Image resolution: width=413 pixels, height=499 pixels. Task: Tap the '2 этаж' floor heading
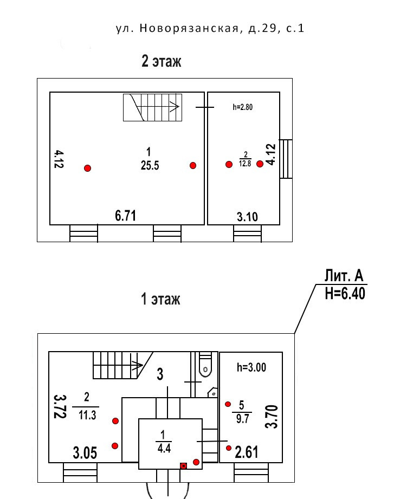point(162,61)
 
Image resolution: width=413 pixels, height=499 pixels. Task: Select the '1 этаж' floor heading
point(160,299)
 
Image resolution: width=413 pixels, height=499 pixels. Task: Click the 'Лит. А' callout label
point(344,276)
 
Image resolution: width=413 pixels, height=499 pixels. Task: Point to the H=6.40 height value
point(345,293)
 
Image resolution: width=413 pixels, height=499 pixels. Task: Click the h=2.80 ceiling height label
point(243,107)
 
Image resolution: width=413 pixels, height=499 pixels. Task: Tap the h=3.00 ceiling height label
point(251,367)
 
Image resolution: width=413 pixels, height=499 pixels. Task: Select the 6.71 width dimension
point(125,216)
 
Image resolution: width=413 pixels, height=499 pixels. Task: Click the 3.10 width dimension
point(247,217)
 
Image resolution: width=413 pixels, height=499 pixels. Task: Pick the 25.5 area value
point(150,165)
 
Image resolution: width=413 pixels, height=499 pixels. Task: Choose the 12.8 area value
point(245,164)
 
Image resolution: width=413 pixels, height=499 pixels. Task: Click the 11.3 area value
point(87,415)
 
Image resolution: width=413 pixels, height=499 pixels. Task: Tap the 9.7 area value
point(242,419)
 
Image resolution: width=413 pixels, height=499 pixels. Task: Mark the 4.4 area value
point(164,448)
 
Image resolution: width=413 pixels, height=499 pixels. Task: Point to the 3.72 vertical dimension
point(60,406)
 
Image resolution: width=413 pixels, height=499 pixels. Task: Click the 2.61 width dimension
point(246,452)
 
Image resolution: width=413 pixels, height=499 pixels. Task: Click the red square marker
point(183,466)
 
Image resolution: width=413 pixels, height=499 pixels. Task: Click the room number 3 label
point(160,374)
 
